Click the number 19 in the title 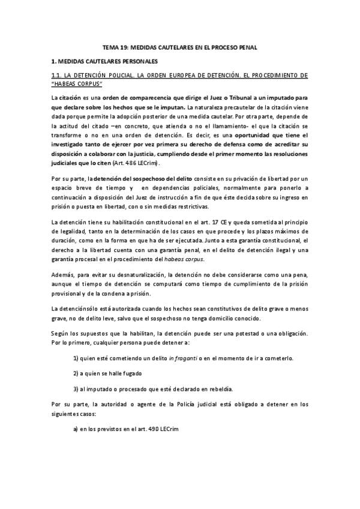pos(124,47)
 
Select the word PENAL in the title pos(245,47)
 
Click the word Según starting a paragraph pos(60,333)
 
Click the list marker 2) pos(76,373)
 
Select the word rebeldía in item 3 pos(203,388)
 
